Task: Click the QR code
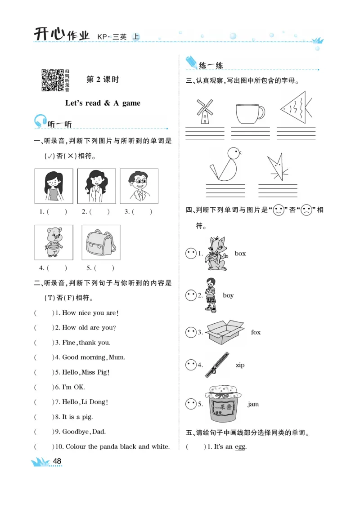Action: pos(52,80)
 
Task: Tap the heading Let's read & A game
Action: pos(103,103)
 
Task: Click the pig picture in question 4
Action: pos(54,242)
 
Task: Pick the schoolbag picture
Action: pos(101,242)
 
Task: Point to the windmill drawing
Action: pos(205,111)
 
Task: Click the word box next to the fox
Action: pos(240,254)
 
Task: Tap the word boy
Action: pos(228,295)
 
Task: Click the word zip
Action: pos(240,365)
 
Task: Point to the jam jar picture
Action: pos(221,404)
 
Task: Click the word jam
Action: pos(253,404)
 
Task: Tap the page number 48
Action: pos(57,461)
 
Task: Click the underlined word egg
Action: pos(240,447)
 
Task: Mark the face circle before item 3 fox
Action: pos(191,332)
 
